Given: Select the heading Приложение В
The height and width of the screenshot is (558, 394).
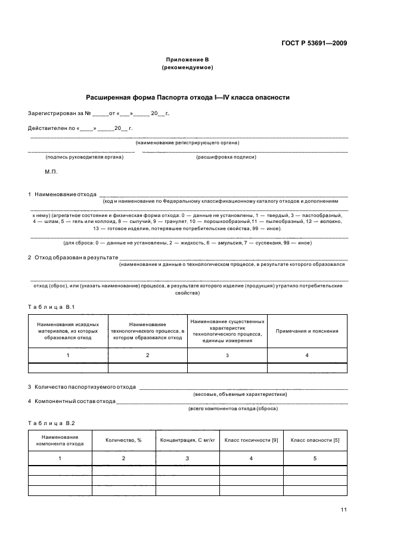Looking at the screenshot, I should pyautogui.click(x=187, y=60).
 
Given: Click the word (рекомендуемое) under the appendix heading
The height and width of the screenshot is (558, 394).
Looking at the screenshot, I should pyautogui.click(x=187, y=67).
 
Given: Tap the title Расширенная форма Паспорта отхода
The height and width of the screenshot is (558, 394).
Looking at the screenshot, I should pyautogui.click(x=188, y=97).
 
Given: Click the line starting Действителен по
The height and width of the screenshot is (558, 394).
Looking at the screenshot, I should pyautogui.click(x=80, y=128).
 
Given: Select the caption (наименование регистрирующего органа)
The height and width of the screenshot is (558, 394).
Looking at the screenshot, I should pyautogui.click(x=187, y=142).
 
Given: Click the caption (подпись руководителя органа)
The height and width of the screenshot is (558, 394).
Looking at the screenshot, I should pyautogui.click(x=84, y=157).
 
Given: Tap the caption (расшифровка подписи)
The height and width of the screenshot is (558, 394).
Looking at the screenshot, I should pyautogui.click(x=226, y=157).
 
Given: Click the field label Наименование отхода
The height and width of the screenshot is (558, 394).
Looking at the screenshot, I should pyautogui.click(x=65, y=194).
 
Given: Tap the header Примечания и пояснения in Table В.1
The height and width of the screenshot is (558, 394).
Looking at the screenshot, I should pyautogui.click(x=307, y=331).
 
